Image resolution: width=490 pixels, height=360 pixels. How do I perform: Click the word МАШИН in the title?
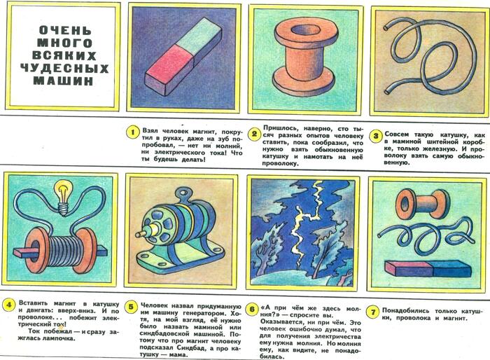coord(64,81)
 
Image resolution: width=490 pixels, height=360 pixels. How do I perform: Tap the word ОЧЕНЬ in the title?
coord(66,30)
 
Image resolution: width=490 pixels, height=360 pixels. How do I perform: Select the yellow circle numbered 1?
coord(133,132)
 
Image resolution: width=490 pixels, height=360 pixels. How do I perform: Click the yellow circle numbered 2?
coord(254,134)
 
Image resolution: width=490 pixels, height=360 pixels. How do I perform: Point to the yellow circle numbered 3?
coord(376,136)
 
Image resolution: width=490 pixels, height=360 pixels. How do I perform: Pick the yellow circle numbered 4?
coord(8,305)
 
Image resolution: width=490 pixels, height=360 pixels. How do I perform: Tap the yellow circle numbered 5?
coord(131,307)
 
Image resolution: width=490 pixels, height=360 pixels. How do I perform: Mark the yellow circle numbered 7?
coord(373,312)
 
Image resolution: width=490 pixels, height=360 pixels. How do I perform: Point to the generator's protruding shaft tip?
coord(139,234)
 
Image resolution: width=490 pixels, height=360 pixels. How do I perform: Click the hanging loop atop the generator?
coord(182,194)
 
